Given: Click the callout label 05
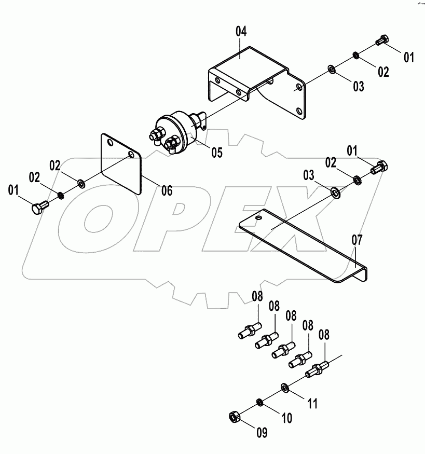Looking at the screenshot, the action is pos(217,153).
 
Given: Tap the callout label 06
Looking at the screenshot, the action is pos(166,190).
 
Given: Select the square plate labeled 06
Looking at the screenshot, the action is pos(120,164).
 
